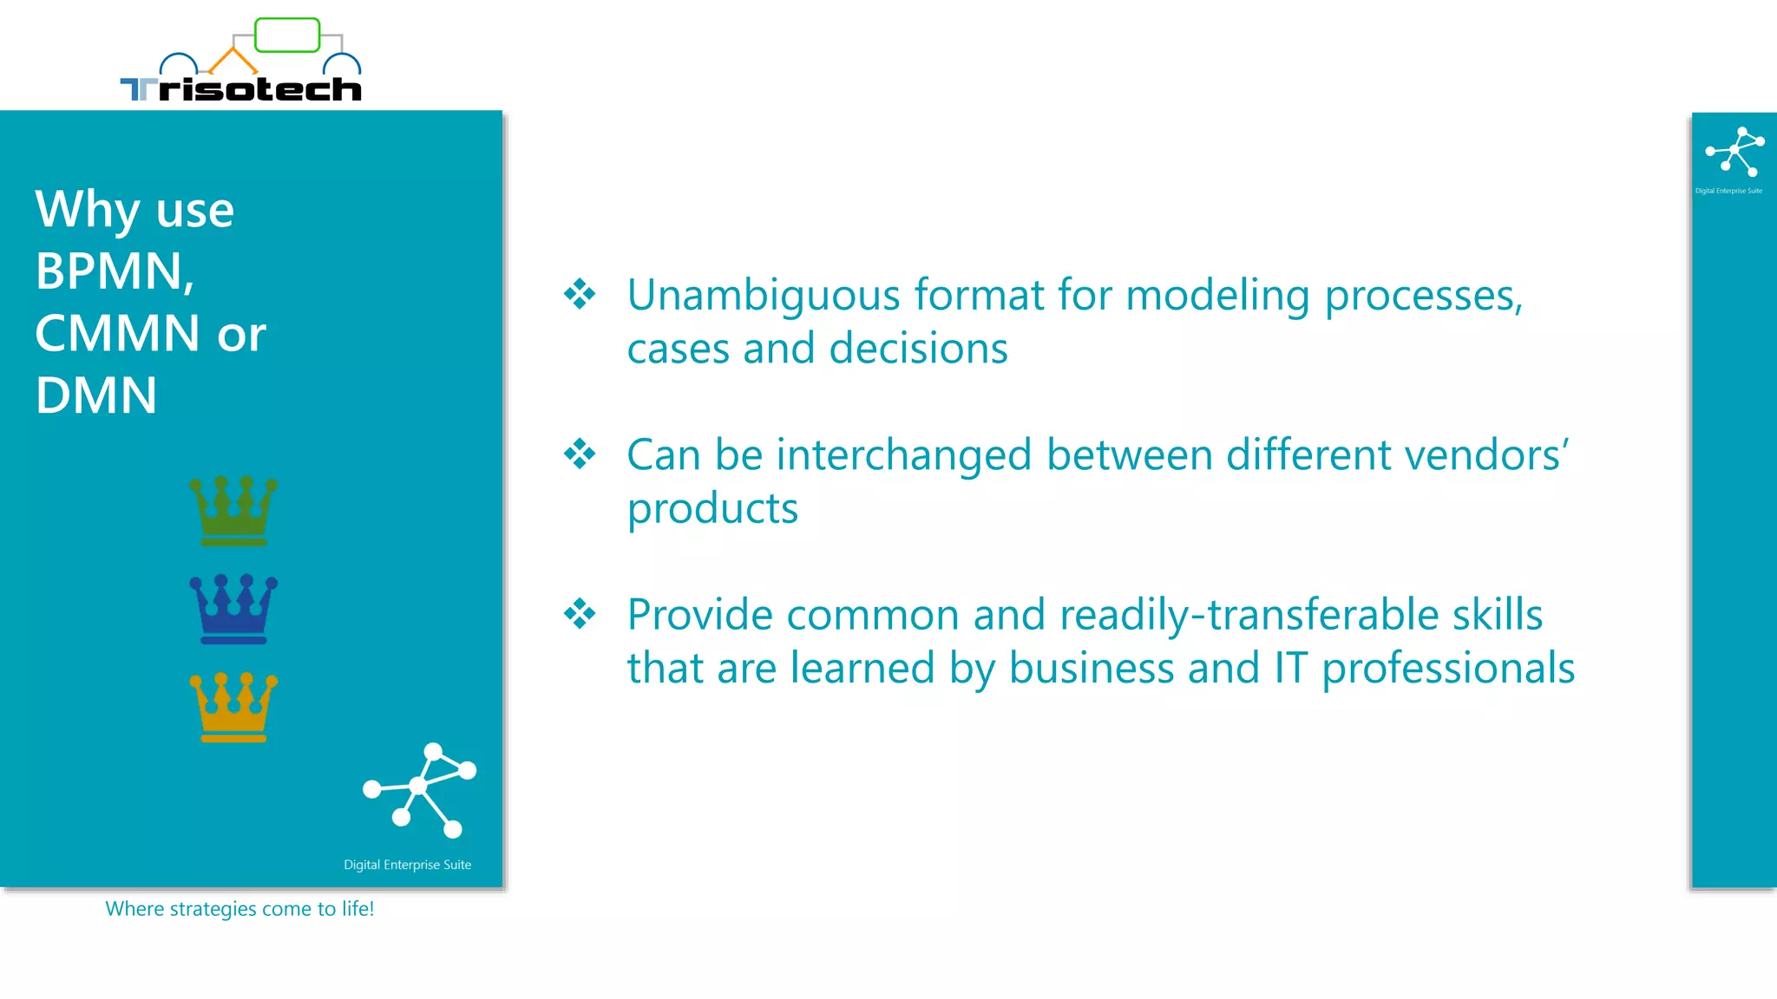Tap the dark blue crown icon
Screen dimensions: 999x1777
tap(233, 609)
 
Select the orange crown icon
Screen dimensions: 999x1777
tap(233, 707)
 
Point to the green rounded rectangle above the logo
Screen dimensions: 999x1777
tap(287, 36)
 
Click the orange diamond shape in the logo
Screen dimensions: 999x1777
tap(233, 61)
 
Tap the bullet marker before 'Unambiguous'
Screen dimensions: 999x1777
tap(580, 294)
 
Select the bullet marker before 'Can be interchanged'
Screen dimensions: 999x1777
tap(580, 454)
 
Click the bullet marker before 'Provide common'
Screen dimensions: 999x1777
tap(580, 614)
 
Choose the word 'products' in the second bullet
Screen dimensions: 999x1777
tap(712, 509)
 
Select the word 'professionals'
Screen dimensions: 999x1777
tap(1447, 669)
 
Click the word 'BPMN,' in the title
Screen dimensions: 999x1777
tap(115, 271)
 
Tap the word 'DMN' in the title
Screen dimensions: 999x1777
tap(96, 395)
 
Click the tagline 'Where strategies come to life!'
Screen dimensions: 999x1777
tap(239, 909)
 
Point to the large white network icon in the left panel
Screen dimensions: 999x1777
tap(420, 789)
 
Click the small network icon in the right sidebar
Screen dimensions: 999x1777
tap(1734, 152)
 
